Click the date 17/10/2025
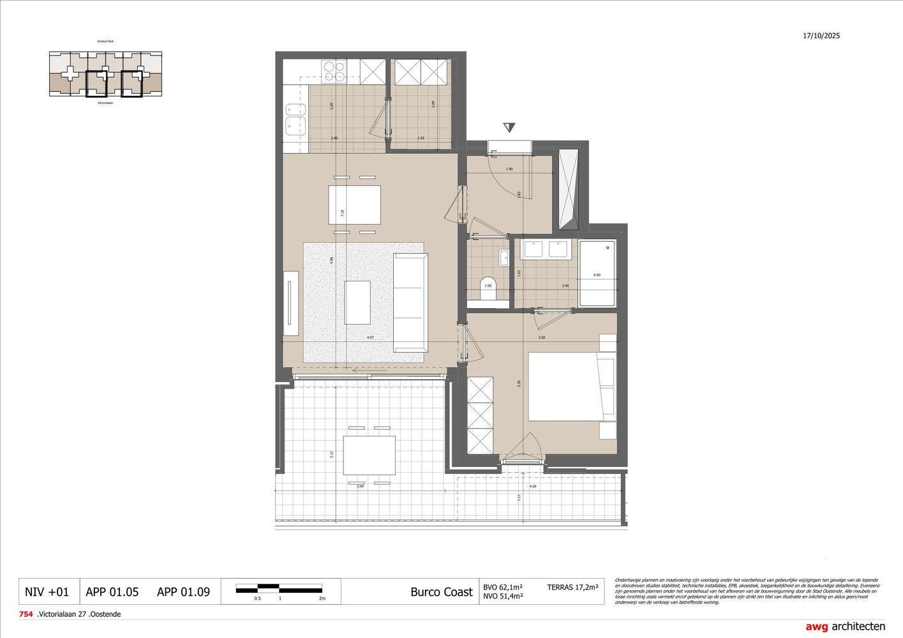(x=821, y=36)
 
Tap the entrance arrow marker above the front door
(x=509, y=127)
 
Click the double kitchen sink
(x=294, y=119)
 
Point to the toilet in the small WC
(x=488, y=288)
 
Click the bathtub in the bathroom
(x=598, y=273)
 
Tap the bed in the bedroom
(x=572, y=387)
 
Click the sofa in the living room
(x=410, y=302)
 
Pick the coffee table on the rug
(x=357, y=302)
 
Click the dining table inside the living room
(x=354, y=205)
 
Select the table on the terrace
(x=369, y=456)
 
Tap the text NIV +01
(x=47, y=592)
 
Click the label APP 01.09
(x=183, y=592)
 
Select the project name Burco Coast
(x=442, y=592)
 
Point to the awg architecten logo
(x=845, y=627)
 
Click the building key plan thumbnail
(x=105, y=74)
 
